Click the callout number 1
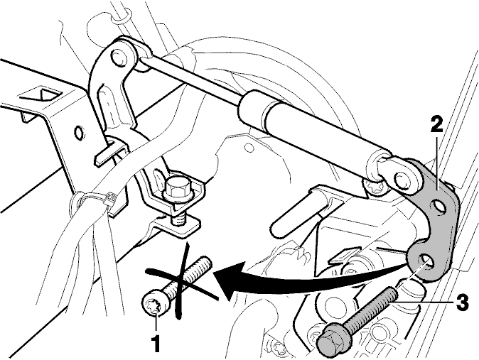coord(156,344)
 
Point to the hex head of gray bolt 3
coord(329,339)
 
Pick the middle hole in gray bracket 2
coord(438,207)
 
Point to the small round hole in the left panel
coord(79,133)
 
